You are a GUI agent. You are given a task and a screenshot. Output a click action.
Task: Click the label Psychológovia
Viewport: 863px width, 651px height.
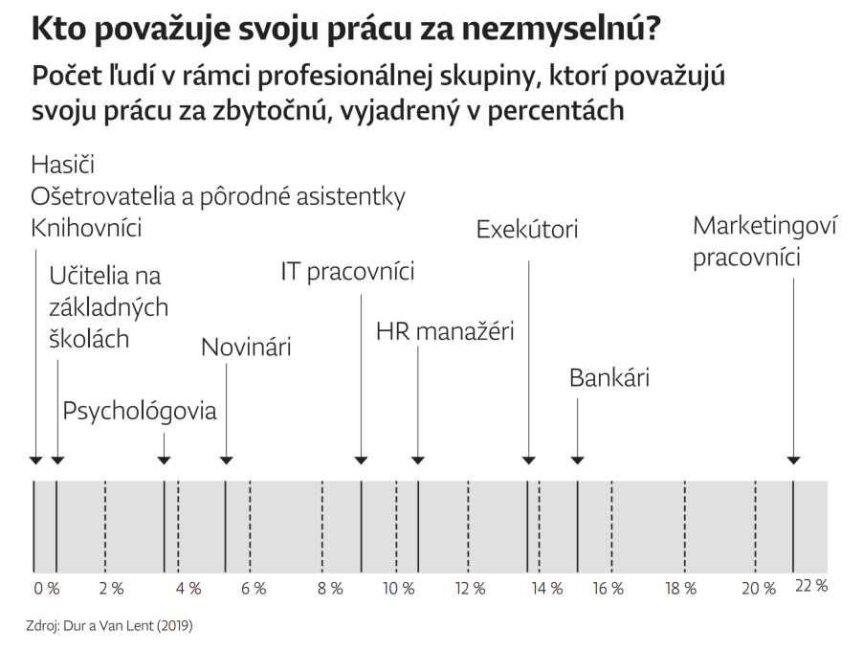pos(140,412)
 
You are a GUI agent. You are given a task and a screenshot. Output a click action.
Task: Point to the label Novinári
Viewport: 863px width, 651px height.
pos(246,348)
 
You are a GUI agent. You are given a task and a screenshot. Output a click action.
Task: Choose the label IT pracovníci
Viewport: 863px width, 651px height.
pos(347,271)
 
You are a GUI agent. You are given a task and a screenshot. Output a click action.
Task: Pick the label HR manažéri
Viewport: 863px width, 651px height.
pos(445,332)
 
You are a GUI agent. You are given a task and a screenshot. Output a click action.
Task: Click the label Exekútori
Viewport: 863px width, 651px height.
pos(527,231)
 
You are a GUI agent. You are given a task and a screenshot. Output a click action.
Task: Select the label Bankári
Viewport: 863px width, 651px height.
pos(609,377)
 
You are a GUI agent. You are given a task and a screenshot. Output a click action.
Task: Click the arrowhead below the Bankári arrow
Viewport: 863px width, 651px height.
pos(578,461)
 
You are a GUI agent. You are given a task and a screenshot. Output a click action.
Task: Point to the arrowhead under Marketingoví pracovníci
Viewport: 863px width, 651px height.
pos(793,461)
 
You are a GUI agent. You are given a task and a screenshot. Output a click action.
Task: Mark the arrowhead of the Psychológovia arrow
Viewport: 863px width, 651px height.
pos(165,461)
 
